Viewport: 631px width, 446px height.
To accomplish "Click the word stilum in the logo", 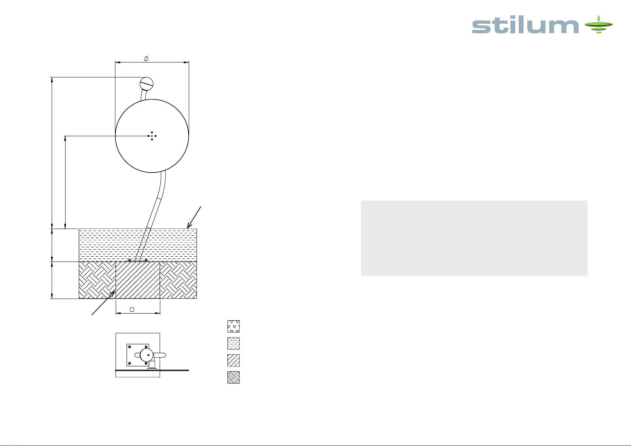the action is (x=525, y=26).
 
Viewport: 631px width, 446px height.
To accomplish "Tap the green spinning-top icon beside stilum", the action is (x=598, y=24).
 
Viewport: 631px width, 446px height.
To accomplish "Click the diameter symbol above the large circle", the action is (x=146, y=58).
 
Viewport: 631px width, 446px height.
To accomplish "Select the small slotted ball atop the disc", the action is (x=146, y=83).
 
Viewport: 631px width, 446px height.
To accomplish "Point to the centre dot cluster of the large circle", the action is (x=152, y=136).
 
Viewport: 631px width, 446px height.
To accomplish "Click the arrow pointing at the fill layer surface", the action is (x=194, y=217).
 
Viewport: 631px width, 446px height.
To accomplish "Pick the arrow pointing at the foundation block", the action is (x=103, y=303).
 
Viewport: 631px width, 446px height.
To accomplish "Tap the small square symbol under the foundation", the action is (x=132, y=309).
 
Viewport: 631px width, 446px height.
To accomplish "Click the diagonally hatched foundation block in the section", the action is (x=138, y=280).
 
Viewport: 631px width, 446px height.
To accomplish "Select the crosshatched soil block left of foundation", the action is (x=97, y=280).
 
